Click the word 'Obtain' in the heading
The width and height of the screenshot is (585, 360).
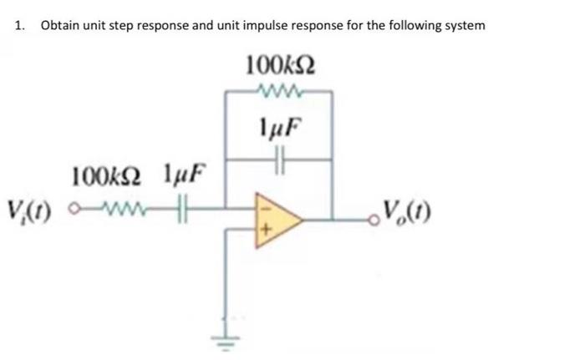click(60, 25)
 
